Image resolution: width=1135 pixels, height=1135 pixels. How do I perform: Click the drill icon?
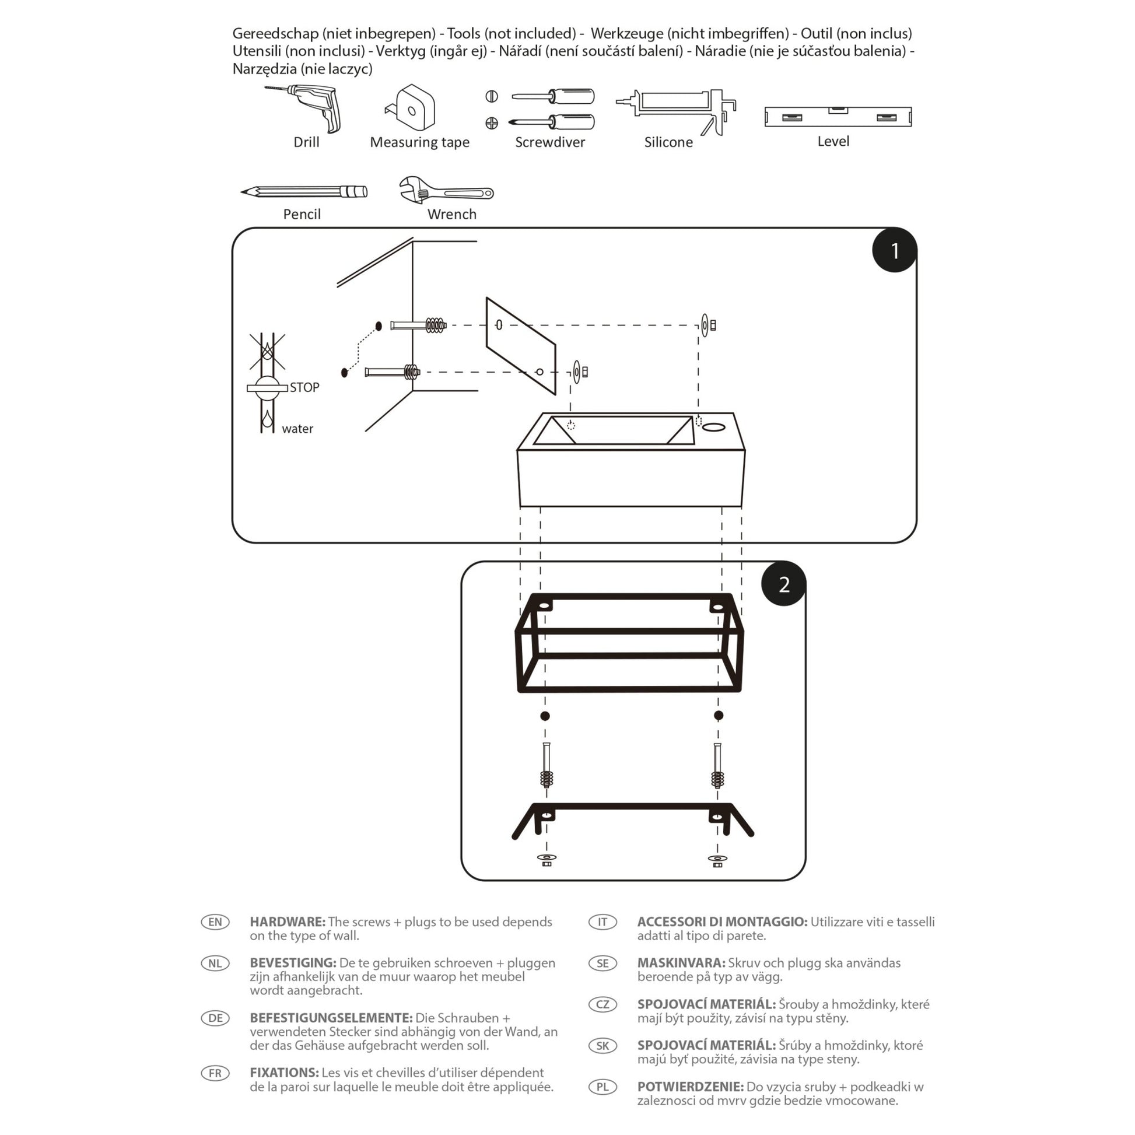click(x=304, y=108)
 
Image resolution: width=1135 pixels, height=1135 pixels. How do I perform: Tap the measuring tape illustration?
click(x=411, y=107)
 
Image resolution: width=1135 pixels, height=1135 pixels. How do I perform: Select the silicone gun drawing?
click(x=676, y=111)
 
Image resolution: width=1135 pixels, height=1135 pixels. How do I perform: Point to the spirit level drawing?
click(x=838, y=116)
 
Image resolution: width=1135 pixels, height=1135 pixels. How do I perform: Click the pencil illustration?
click(x=304, y=191)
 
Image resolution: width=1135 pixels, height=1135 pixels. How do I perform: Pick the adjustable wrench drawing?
click(x=446, y=190)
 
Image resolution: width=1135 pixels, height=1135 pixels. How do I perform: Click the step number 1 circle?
click(x=894, y=250)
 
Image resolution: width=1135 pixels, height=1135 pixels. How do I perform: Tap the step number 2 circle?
click(x=784, y=584)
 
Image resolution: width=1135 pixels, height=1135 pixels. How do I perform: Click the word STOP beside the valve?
click(x=304, y=388)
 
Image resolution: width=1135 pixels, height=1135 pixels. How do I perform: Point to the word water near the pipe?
click(x=297, y=429)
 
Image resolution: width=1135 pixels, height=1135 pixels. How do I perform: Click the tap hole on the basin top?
click(x=714, y=427)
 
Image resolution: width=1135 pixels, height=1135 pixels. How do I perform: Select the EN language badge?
click(x=215, y=922)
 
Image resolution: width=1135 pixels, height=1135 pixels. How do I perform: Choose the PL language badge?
click(x=602, y=1087)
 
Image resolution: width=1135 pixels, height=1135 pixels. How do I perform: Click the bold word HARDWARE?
click(x=288, y=922)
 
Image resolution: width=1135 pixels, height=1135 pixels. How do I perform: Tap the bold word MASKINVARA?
click(x=681, y=963)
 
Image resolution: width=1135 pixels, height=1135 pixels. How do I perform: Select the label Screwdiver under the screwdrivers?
click(x=550, y=142)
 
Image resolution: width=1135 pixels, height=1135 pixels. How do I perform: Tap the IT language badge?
click(x=602, y=922)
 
